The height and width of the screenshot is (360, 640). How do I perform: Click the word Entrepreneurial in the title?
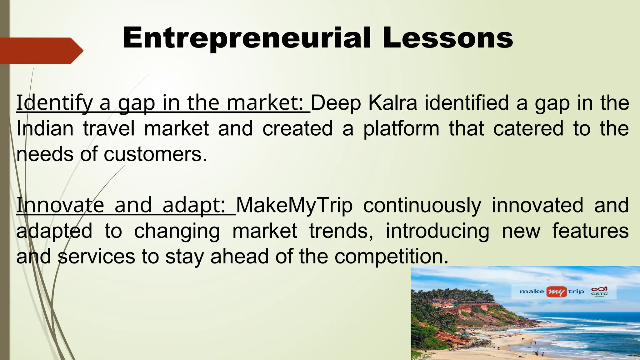click(247, 38)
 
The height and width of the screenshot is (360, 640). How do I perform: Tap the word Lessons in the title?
click(447, 38)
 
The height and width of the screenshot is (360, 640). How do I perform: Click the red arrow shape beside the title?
click(41, 51)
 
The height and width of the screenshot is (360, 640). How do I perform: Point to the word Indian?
click(45, 128)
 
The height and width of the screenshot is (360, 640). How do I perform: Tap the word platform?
click(401, 129)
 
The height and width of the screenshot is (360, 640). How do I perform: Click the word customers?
click(155, 154)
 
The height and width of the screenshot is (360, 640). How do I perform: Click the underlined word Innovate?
click(60, 205)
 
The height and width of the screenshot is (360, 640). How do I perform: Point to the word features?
click(590, 231)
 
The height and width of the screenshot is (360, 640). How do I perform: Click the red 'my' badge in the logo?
click(556, 292)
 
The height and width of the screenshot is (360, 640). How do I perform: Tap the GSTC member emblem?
click(599, 292)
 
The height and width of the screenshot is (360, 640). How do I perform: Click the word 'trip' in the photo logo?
click(576, 292)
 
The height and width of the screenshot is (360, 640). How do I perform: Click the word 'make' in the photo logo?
click(532, 292)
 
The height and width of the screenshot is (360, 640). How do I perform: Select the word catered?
click(528, 128)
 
